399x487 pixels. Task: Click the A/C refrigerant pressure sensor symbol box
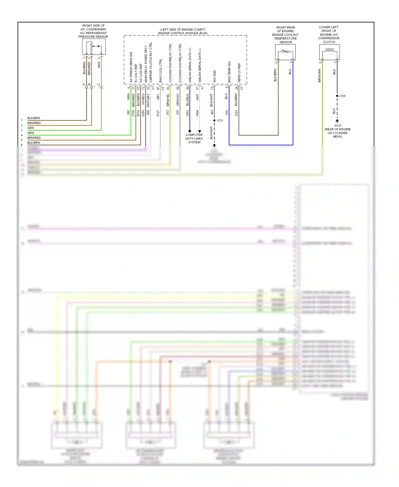[x=94, y=47]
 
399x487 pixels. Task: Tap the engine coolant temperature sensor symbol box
[x=285, y=52]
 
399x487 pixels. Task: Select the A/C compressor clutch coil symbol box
[x=329, y=52]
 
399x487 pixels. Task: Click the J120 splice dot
[x=337, y=96]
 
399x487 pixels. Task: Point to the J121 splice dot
[x=214, y=120]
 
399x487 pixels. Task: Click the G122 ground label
[x=338, y=125]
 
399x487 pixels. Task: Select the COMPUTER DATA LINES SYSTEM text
[x=194, y=139]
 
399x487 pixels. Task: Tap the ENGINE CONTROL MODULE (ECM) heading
[x=183, y=33]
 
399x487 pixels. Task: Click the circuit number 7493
[x=188, y=113]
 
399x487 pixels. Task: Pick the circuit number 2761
[x=236, y=113]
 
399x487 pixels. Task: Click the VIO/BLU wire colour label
[x=143, y=99]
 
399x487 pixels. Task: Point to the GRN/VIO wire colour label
[x=178, y=100]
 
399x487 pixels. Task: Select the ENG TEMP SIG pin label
[x=229, y=72]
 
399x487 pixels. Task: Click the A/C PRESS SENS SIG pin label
[x=131, y=67]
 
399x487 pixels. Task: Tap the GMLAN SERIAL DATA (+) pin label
[x=190, y=65]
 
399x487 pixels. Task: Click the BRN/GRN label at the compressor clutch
[x=319, y=75]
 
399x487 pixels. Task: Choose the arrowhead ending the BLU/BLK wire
[x=190, y=131]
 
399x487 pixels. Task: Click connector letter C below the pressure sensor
[x=99, y=84]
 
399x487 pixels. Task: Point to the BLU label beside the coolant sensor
[x=290, y=72]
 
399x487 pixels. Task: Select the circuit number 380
[x=128, y=113]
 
